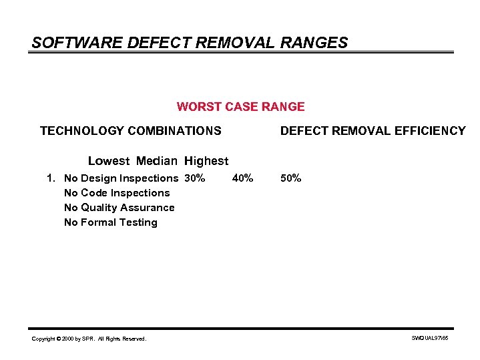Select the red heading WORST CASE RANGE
240,107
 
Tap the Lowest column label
109,161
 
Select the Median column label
157,161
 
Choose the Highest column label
206,161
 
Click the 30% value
195,178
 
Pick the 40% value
242,178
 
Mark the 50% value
290,178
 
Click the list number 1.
51,178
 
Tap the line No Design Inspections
121,178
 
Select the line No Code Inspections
117,193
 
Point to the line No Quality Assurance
119,208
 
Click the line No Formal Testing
111,222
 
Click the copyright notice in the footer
89,339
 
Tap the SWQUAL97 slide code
431,339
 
